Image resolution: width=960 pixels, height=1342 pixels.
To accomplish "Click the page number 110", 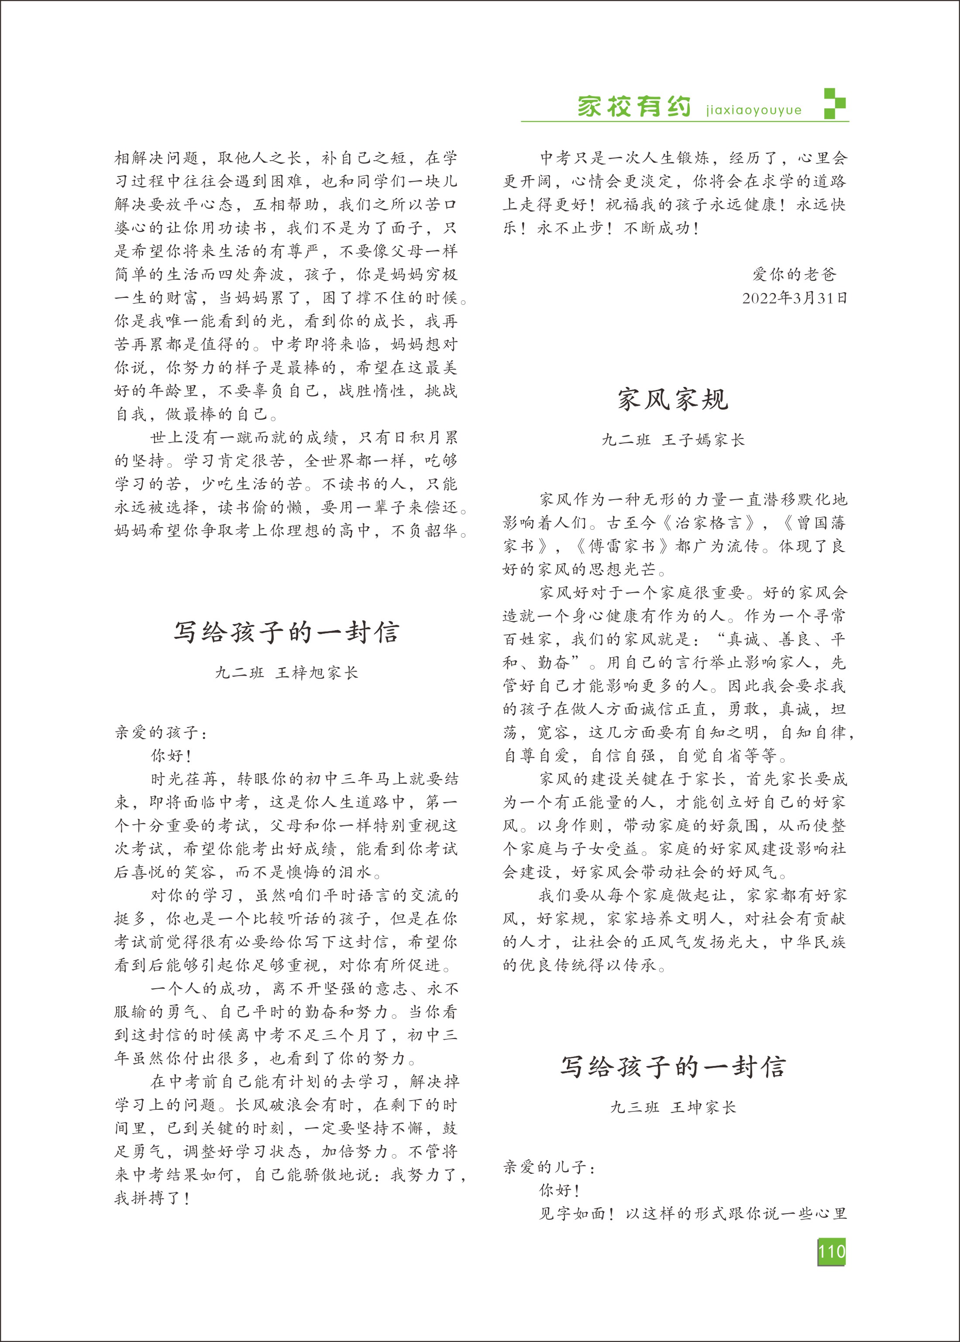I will pos(831,1251).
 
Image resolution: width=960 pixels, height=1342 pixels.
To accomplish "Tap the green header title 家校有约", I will pos(634,107).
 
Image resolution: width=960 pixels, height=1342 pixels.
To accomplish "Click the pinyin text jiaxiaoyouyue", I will pos(754,110).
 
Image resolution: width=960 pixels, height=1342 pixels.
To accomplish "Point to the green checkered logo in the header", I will pos(835,104).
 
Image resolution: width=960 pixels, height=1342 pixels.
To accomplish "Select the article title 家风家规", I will pos(673,400).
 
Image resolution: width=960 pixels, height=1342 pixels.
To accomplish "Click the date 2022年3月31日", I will pos(795,298).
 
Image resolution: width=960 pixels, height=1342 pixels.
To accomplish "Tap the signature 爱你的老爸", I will pos(794,274).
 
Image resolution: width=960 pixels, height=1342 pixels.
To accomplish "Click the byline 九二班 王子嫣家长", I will pos(673,440).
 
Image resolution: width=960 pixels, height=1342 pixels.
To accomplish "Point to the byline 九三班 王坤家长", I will pos(673,1107).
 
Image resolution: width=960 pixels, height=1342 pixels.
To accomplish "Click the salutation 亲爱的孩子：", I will pos(161,733).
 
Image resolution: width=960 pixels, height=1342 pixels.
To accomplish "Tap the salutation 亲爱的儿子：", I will pos(550,1167).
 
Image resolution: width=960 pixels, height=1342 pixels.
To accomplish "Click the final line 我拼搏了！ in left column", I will pos(152,1198).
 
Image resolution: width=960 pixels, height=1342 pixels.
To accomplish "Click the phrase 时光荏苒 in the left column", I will pos(186,779).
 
